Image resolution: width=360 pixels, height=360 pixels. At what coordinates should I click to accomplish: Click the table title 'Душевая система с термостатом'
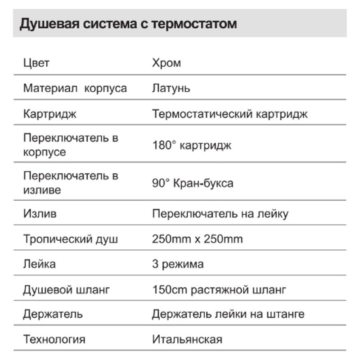(128, 23)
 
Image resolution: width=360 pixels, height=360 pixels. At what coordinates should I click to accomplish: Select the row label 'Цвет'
(36, 63)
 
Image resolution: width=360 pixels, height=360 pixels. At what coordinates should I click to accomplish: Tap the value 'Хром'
(166, 63)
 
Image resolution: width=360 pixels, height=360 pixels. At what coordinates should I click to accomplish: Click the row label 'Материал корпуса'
(75, 88)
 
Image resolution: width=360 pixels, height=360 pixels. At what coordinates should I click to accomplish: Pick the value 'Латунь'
(171, 88)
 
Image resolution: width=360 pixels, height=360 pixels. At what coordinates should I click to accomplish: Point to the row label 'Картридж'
(50, 114)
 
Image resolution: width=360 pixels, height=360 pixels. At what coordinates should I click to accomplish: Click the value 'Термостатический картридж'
(230, 114)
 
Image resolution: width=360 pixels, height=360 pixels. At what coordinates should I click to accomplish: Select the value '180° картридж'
(192, 145)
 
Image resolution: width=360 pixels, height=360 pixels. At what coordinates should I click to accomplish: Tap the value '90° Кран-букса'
(193, 183)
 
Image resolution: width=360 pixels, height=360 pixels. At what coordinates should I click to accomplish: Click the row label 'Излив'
(40, 213)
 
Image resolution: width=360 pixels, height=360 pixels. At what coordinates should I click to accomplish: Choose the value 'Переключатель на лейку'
(220, 213)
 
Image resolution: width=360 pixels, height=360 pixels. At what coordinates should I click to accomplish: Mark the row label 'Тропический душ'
(71, 238)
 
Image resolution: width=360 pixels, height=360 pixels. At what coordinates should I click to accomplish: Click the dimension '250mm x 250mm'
(198, 238)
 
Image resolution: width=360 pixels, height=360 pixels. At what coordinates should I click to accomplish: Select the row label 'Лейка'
(40, 264)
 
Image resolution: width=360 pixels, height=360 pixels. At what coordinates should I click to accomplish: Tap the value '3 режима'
(178, 264)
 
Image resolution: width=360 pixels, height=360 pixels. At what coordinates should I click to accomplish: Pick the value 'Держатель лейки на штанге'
(228, 314)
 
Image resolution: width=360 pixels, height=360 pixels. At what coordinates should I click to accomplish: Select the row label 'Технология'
(54, 339)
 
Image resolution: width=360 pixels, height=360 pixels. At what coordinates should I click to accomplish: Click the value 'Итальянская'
(187, 339)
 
